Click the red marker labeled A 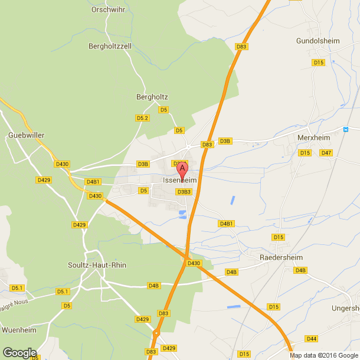183,169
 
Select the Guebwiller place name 27,135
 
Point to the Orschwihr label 107,9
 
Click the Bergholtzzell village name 109,45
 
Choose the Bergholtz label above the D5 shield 152,97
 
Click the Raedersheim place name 281,258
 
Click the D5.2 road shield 143,118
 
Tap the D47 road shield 326,153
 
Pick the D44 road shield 312,338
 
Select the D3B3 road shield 184,191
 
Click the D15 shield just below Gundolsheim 319,62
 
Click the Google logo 19,352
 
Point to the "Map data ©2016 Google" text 324,355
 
